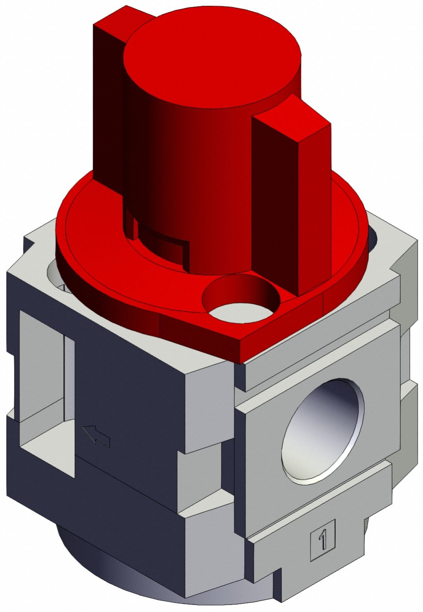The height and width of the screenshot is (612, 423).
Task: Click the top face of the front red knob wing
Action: click(291, 118)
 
